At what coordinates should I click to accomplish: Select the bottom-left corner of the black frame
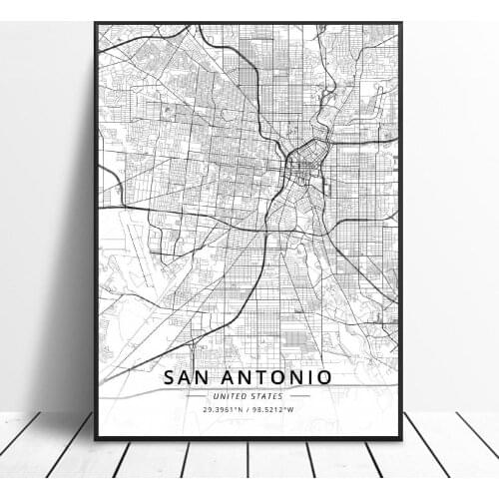pyautogui.click(x=96, y=437)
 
